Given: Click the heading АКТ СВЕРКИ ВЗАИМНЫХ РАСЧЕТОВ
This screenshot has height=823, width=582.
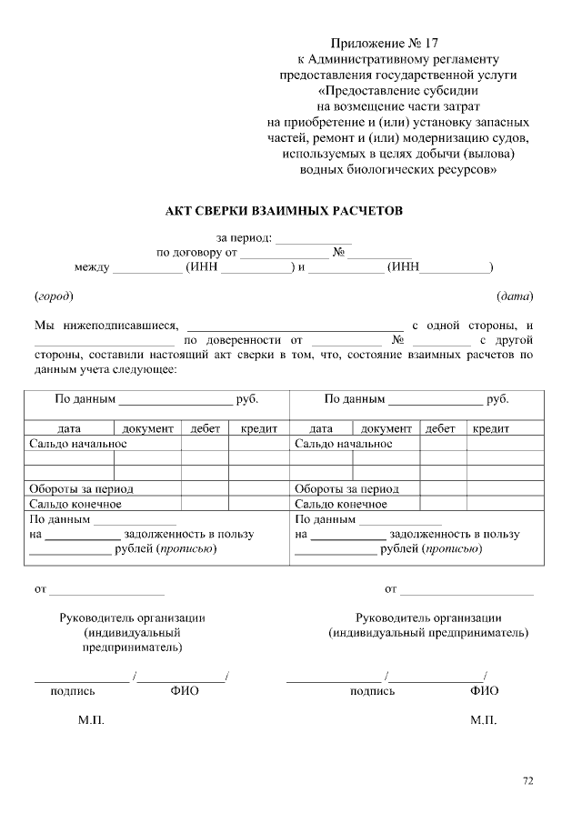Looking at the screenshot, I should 283,211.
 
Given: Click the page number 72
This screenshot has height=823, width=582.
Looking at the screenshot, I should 528,780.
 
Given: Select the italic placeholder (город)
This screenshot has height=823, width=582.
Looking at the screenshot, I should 54,296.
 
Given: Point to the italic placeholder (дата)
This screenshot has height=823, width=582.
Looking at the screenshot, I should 514,296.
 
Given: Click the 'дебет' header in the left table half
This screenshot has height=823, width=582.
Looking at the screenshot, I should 204,428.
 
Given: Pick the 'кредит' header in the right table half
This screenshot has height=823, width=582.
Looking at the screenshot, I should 490,428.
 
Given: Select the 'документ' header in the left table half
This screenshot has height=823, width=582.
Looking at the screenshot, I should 147,428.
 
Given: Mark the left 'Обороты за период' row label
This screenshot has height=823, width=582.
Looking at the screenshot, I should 81,488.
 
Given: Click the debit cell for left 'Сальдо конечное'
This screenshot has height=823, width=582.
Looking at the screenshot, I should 204,504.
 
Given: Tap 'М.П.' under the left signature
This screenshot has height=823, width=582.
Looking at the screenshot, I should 91,720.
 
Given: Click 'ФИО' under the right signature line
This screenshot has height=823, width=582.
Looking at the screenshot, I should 484,691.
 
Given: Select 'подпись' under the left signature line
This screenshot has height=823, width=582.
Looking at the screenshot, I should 73,691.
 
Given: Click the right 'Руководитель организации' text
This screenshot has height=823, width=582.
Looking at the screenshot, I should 428,617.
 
